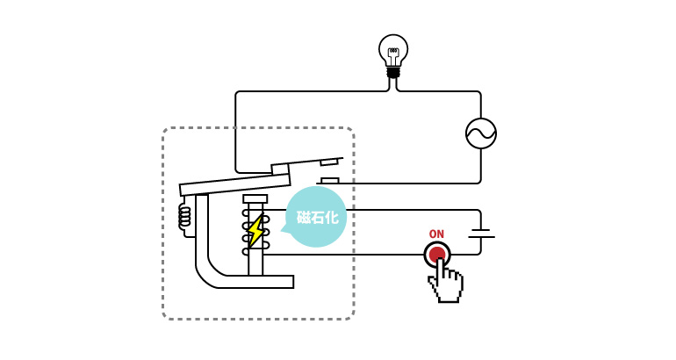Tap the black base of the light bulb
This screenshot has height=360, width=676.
click(x=393, y=72)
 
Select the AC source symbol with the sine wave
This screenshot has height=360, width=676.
click(x=481, y=133)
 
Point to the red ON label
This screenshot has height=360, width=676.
click(x=436, y=234)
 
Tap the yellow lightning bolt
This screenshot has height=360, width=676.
click(x=255, y=232)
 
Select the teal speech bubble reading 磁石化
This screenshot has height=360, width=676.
click(x=316, y=217)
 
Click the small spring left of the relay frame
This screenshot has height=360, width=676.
click(x=184, y=217)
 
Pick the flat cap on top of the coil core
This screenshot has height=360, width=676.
click(x=255, y=199)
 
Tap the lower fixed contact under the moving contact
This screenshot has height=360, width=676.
click(x=328, y=181)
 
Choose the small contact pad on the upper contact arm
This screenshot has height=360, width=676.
click(x=329, y=162)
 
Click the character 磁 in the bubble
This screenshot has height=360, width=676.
click(x=304, y=217)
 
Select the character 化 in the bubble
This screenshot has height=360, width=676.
click(x=331, y=217)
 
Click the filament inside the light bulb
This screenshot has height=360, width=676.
click(x=393, y=53)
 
